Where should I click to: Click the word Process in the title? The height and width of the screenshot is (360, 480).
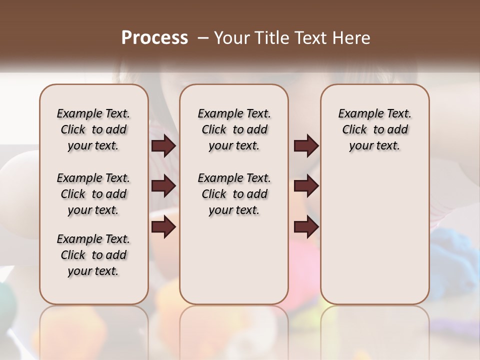(x=154, y=38)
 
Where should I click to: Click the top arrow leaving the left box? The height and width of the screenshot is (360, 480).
(x=163, y=146)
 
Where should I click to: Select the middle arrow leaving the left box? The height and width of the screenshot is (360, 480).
(x=163, y=186)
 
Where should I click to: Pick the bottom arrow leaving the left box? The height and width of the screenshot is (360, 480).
(x=163, y=227)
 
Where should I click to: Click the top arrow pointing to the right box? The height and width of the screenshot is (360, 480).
(x=306, y=146)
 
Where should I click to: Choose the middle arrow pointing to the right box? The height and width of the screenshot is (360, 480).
(x=306, y=186)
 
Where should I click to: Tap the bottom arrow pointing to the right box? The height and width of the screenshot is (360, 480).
(x=306, y=227)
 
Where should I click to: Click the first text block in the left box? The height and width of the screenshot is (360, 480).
(x=93, y=129)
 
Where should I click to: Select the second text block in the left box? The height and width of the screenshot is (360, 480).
(x=93, y=194)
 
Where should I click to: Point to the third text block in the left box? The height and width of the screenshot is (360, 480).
(x=93, y=255)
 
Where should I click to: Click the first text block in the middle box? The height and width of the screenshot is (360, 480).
(x=234, y=129)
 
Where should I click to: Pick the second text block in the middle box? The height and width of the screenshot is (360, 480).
(x=234, y=194)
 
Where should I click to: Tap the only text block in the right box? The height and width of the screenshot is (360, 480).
(x=374, y=129)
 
